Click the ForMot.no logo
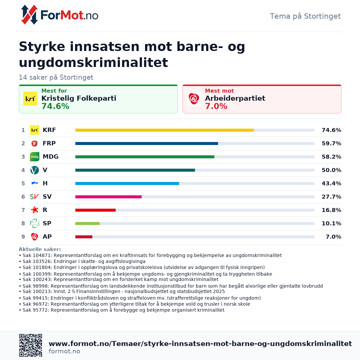point(59,15)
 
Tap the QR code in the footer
point(31,345)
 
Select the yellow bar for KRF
point(164,130)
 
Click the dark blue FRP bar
point(147,143)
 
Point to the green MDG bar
point(145,157)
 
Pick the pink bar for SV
point(108,197)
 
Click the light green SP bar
point(87,223)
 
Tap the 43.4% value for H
point(331,183)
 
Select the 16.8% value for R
point(331,210)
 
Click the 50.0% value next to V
point(331,170)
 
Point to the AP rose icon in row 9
point(35,236)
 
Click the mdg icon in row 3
point(35,157)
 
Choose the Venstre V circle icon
point(35,170)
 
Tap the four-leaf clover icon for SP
point(35,223)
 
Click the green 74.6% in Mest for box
point(55,106)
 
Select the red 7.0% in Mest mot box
point(216,106)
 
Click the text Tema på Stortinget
point(305,16)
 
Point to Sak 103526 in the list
point(38,262)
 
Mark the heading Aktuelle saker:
point(40,249)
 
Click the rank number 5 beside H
point(23,183)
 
